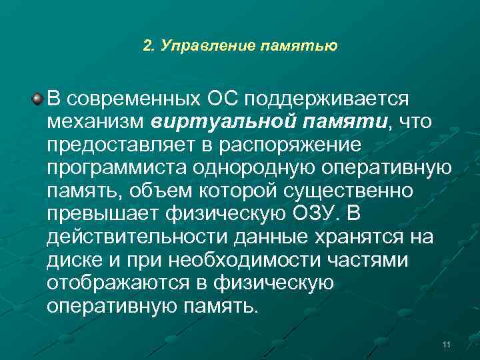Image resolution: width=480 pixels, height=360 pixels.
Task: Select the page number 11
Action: pos(446,344)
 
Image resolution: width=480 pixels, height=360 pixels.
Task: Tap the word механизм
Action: pos(96,122)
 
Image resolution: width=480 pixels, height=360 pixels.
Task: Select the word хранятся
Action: pos(355,237)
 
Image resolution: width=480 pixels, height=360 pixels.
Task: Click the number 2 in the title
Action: pos(148,46)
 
